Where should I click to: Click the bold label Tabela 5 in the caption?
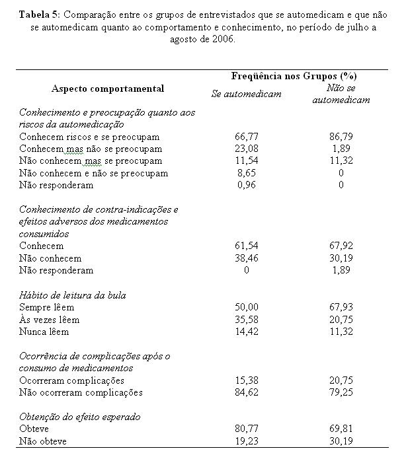point(41,14)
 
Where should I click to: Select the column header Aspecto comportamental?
point(108,89)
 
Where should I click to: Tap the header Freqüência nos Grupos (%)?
point(294,77)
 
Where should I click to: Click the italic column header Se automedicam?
point(246,94)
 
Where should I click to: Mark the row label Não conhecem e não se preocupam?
point(93,173)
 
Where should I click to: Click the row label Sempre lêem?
point(46,307)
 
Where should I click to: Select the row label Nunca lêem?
point(44,332)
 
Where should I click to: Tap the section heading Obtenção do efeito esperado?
point(79,417)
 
